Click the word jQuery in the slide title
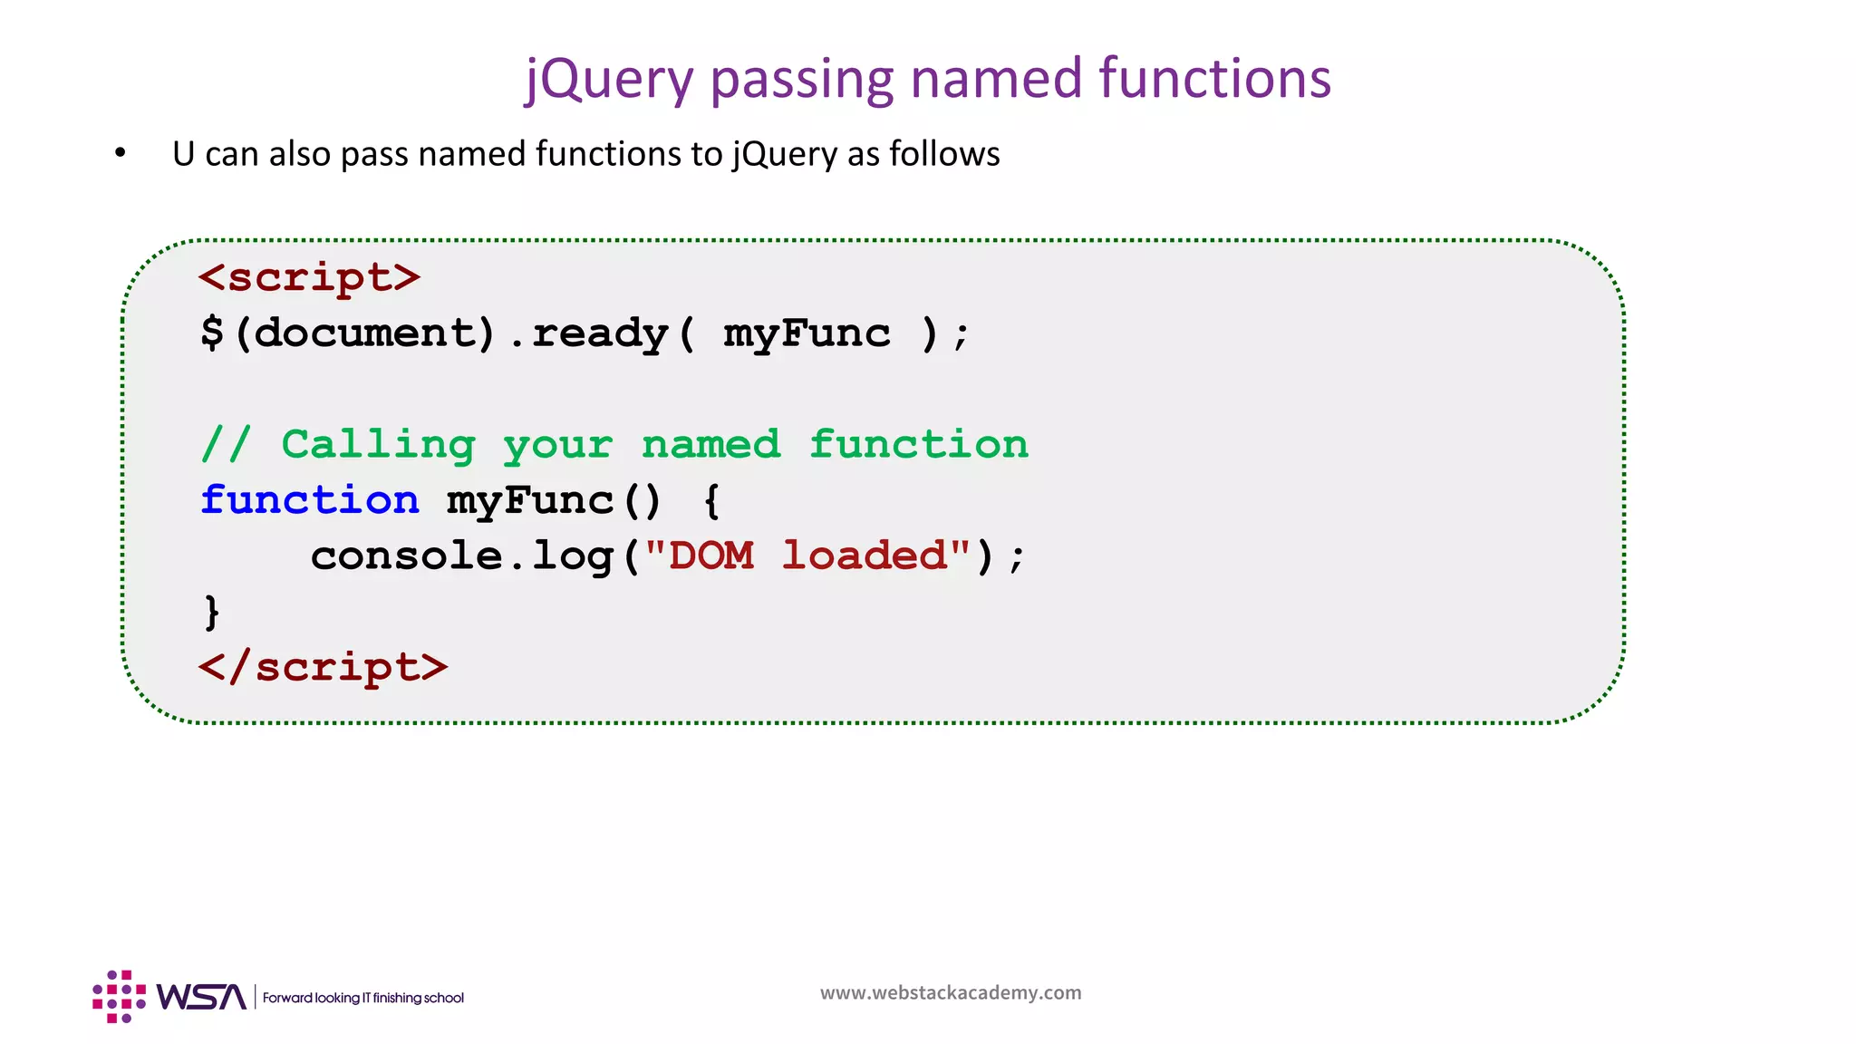click(x=609, y=80)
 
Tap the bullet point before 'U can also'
click(x=121, y=153)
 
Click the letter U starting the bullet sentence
click(x=183, y=154)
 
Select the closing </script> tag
click(x=324, y=667)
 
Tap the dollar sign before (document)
click(x=212, y=333)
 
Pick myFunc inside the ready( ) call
click(x=807, y=333)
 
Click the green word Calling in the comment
click(x=378, y=445)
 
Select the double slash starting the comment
click(x=226, y=445)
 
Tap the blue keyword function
click(x=310, y=500)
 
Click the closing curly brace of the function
click(x=212, y=612)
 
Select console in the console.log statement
click(x=406, y=556)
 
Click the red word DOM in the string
click(x=711, y=556)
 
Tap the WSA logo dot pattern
click(x=119, y=997)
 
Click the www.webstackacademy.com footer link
click(x=951, y=992)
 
